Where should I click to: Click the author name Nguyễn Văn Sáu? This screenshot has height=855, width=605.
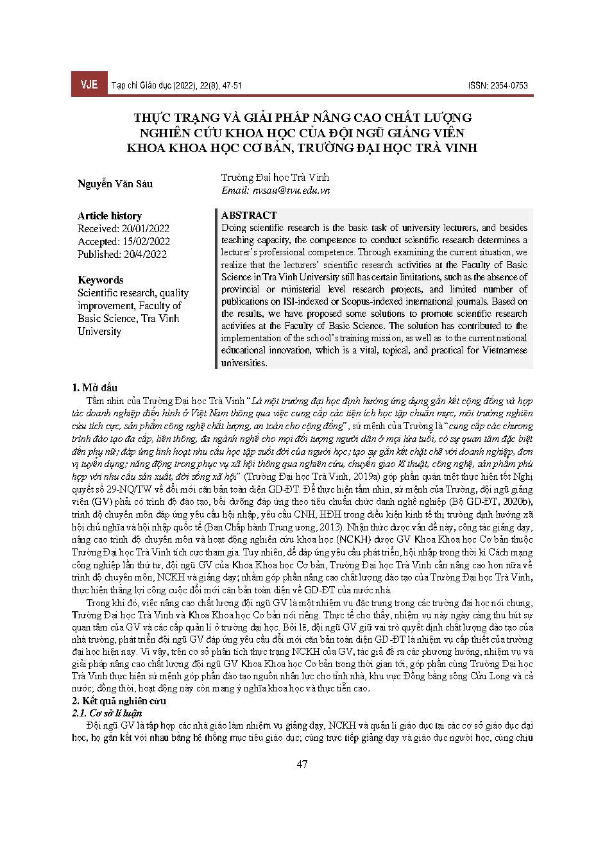click(x=115, y=184)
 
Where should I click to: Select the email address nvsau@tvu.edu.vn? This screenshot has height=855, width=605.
click(x=275, y=190)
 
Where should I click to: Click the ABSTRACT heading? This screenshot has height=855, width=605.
click(x=249, y=215)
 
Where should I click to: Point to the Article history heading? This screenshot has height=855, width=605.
click(x=110, y=216)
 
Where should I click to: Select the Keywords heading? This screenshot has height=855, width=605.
click(x=100, y=280)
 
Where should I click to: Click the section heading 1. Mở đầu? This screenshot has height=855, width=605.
click(x=94, y=387)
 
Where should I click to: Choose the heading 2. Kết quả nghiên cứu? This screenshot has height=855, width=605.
click(x=119, y=701)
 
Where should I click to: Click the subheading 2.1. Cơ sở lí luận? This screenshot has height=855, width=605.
click(x=107, y=713)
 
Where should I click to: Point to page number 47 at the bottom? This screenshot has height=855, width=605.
click(x=302, y=764)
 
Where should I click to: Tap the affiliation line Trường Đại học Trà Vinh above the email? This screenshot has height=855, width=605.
click(x=275, y=177)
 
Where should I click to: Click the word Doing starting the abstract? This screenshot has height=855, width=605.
click(x=233, y=228)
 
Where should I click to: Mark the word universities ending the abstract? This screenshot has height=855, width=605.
click(x=243, y=363)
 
